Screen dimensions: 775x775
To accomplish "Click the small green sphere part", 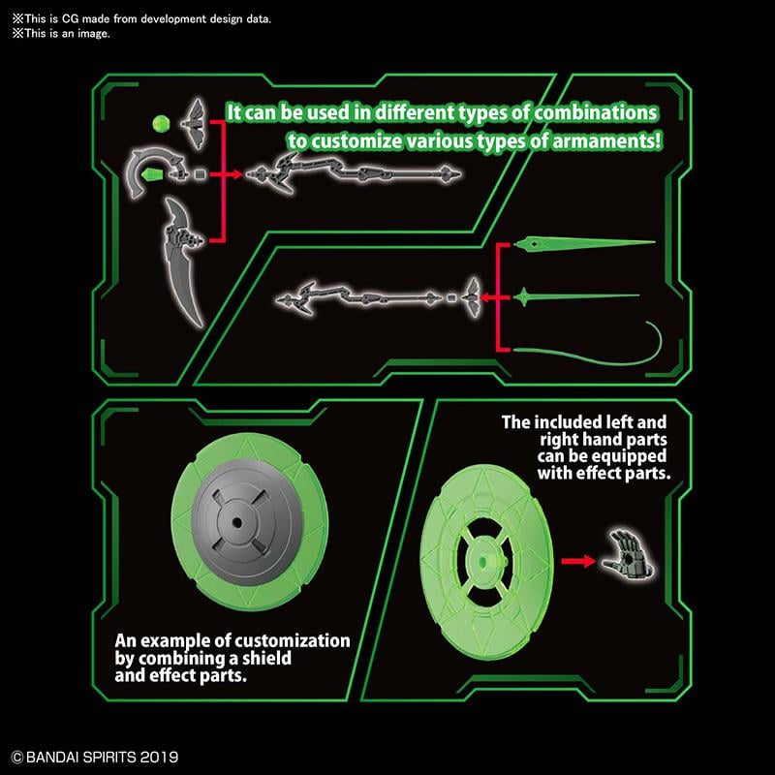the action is point(161,123).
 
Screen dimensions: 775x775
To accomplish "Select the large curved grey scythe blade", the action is point(183,262).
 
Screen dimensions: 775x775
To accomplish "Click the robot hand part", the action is point(628,554).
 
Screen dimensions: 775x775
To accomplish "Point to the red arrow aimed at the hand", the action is point(578,561).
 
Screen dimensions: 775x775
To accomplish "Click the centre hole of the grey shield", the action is point(236,522).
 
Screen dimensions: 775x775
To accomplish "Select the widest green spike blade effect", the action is point(584,243).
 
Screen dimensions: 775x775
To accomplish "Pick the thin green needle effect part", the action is point(576,296).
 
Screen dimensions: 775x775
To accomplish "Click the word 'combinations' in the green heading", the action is point(596,113).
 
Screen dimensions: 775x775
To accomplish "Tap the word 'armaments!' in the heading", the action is point(606,141).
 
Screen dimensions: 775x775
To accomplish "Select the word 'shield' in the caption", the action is point(266,659).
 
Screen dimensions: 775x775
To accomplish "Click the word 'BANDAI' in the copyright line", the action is point(53,758).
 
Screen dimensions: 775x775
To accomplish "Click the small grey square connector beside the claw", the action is point(200,174).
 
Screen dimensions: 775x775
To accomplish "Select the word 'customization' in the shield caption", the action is point(292,641).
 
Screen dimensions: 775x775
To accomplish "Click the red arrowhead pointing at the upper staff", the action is point(237,174).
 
